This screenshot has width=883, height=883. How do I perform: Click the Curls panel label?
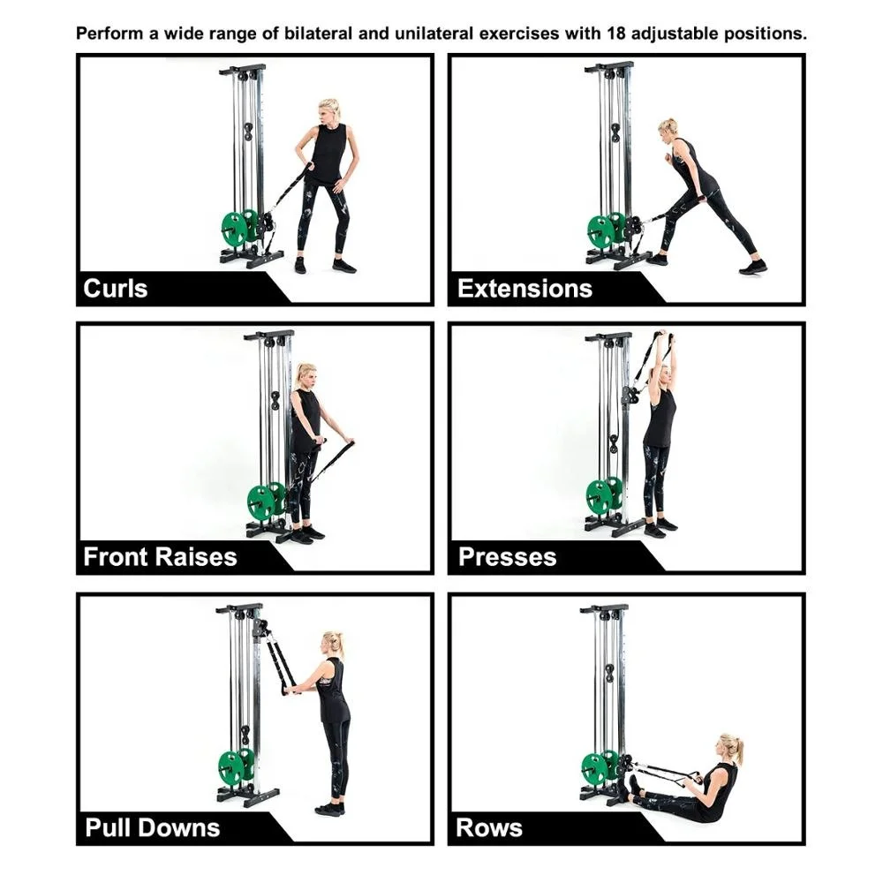(115, 289)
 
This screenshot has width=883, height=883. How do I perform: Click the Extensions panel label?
(525, 289)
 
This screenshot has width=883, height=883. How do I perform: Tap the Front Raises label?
(160, 557)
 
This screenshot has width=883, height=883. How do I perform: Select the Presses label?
(507, 557)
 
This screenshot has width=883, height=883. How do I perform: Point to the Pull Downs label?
(152, 827)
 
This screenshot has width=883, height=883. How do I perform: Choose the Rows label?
(489, 827)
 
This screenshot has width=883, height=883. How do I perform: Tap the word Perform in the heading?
(109, 34)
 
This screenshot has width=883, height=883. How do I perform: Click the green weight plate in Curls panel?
(235, 229)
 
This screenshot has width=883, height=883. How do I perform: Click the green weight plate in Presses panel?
(600, 497)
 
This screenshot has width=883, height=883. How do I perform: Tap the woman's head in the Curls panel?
(329, 111)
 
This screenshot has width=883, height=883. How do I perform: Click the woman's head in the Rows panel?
(730, 747)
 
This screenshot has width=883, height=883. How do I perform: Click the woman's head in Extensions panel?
(667, 128)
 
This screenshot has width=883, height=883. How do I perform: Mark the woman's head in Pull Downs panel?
(332, 642)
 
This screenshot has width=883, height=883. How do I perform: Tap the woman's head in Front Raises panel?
(306, 374)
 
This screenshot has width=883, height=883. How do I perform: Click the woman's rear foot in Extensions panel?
(753, 266)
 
